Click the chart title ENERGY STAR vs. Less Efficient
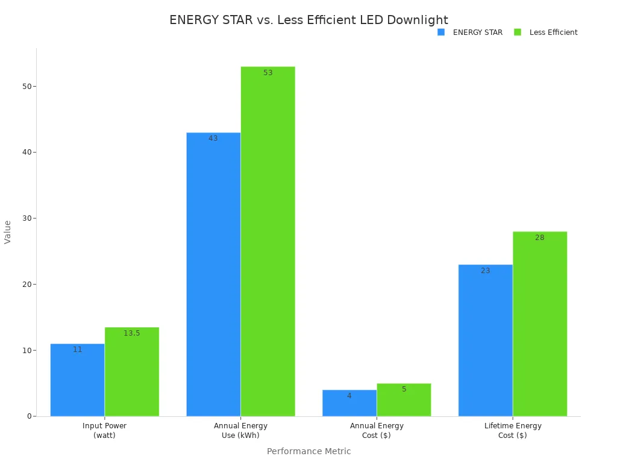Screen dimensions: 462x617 coord(308,20)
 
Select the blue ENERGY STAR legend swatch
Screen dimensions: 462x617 coord(441,32)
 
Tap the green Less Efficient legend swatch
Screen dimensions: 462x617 coord(518,32)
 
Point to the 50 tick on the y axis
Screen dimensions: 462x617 coord(27,86)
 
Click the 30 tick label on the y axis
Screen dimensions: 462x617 coord(27,218)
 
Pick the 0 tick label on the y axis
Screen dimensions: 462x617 coord(29,416)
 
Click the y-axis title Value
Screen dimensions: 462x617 coord(8,232)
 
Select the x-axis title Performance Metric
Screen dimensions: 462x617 coord(308,451)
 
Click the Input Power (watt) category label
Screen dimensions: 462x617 coord(104,431)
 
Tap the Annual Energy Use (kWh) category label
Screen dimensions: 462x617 coord(240,431)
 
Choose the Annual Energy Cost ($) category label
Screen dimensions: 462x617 coord(377,431)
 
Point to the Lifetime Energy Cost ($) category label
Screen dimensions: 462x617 coord(513,431)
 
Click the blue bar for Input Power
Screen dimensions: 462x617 coord(77,382)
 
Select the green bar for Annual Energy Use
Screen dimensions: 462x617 coord(268,241)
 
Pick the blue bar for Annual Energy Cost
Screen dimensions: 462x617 coord(349,404)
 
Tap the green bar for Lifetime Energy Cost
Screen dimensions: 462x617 coord(540,325)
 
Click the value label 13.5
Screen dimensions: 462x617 coord(131,333)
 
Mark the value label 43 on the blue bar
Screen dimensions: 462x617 coord(213,138)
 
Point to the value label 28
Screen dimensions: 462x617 coord(540,238)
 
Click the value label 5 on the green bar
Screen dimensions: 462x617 coord(404,389)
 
